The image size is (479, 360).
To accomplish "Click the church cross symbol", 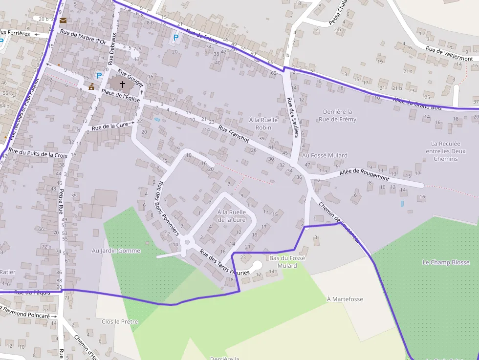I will [x=122, y=84].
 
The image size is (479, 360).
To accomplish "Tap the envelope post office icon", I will [x=63, y=21].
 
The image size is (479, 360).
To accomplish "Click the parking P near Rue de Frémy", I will [x=175, y=37].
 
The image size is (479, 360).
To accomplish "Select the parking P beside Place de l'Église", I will [x=99, y=76].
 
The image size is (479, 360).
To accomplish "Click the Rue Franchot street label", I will [x=234, y=134].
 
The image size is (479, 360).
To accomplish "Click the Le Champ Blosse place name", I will [x=446, y=262].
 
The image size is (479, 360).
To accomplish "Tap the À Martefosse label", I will [x=345, y=299].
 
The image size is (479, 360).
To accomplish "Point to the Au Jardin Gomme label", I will [x=116, y=251].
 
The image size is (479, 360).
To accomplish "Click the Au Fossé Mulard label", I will [x=325, y=155].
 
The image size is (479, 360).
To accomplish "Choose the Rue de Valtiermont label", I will [x=449, y=54].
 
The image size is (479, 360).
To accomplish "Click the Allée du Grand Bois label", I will [x=417, y=104].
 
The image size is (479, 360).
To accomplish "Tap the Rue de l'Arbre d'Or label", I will [x=83, y=37].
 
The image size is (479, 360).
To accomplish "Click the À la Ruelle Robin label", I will [x=263, y=124].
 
